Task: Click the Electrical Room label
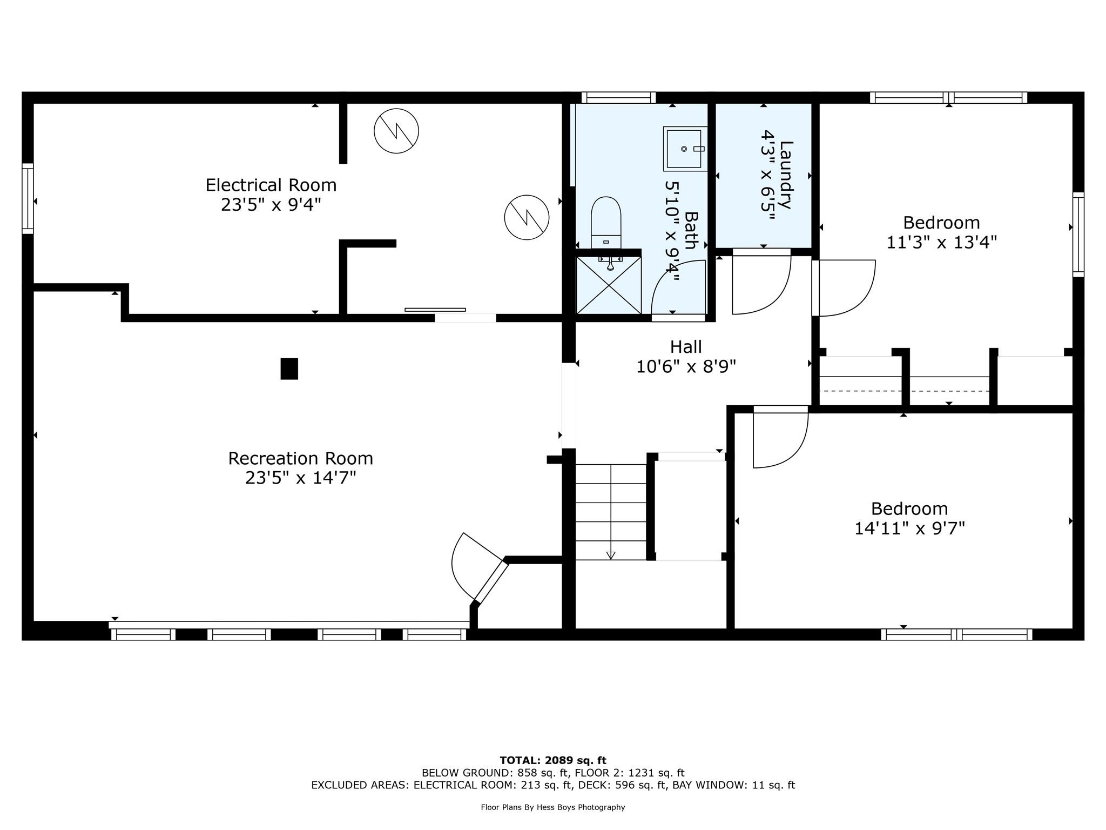click(271, 185)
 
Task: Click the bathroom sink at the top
click(685, 149)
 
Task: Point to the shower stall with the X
click(609, 285)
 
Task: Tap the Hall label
click(686, 346)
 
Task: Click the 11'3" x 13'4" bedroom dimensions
click(941, 242)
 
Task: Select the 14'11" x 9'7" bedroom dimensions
click(909, 528)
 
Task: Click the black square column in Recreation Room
click(289, 369)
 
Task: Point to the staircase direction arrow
click(611, 554)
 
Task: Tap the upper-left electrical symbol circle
click(396, 131)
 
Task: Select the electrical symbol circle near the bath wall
click(527, 217)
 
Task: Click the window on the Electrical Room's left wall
click(28, 198)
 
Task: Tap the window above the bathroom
click(618, 97)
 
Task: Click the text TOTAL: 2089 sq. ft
click(553, 760)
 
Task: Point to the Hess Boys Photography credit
click(553, 807)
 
